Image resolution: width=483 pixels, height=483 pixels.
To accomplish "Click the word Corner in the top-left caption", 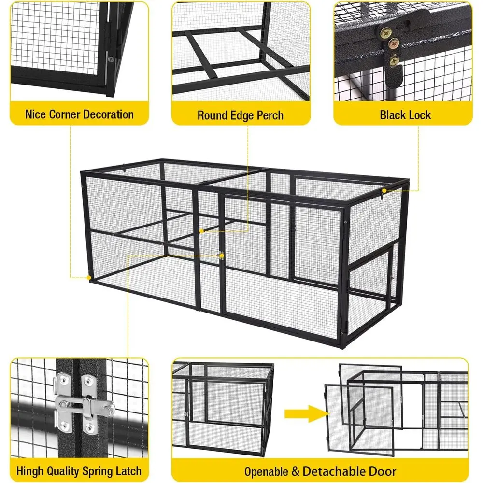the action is pos(64,114).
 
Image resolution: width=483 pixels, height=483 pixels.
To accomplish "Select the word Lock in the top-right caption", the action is pos(418,115).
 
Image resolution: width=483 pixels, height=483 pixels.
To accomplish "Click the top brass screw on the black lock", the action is pos(385,31).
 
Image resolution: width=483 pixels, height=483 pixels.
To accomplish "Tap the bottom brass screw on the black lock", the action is pos(394,60).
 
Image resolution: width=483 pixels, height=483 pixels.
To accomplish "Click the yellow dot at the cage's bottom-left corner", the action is pos(89,278).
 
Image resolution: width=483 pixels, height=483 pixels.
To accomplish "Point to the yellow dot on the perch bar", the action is pos(201,231).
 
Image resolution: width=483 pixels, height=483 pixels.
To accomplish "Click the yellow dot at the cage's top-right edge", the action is pos(384,191).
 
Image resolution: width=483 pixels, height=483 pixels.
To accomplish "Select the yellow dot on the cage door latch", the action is pos(222,256).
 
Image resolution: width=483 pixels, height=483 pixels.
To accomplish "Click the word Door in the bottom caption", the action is pos(382,471).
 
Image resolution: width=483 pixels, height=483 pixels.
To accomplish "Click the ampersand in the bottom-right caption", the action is pos(295,472).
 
